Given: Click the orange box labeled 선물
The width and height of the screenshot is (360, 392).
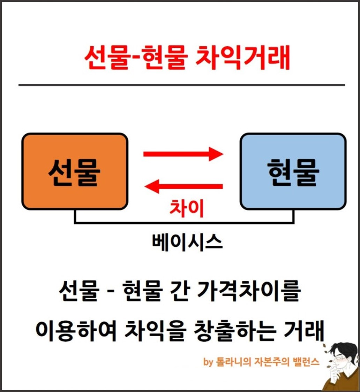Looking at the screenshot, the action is (75, 171).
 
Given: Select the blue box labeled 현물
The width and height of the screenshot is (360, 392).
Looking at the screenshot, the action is (293, 171).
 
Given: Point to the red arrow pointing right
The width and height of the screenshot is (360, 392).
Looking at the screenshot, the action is (183, 154).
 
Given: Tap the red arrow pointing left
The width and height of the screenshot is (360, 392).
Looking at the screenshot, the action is (183, 186).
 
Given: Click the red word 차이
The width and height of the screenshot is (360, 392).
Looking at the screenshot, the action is (187, 208).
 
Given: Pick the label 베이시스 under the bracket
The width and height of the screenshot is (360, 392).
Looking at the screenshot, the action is (187, 242).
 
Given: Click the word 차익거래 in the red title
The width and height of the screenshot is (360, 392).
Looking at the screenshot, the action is (242, 57).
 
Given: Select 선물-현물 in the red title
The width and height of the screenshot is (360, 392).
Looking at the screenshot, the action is (136, 57).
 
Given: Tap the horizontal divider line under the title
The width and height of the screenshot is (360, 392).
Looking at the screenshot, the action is (182, 85).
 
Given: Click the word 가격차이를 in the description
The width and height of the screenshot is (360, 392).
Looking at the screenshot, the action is (249, 291).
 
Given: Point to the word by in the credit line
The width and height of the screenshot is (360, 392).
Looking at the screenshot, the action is (208, 362).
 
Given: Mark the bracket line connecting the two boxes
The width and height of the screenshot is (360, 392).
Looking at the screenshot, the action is (184, 222).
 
